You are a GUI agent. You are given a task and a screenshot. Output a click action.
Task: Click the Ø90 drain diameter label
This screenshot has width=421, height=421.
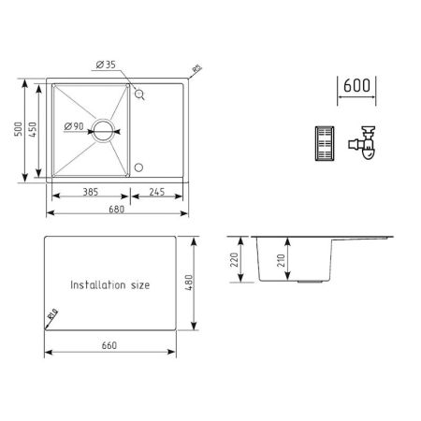74,124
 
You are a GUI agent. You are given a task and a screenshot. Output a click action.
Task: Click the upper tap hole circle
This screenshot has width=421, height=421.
139,94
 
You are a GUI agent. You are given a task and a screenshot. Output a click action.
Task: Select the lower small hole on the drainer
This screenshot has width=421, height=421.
139,168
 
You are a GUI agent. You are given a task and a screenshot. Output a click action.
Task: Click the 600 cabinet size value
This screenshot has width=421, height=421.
356,84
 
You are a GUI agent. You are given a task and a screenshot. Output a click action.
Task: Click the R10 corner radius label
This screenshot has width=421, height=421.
52,315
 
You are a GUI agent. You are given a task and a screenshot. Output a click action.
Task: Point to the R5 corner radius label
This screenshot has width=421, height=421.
197,67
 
